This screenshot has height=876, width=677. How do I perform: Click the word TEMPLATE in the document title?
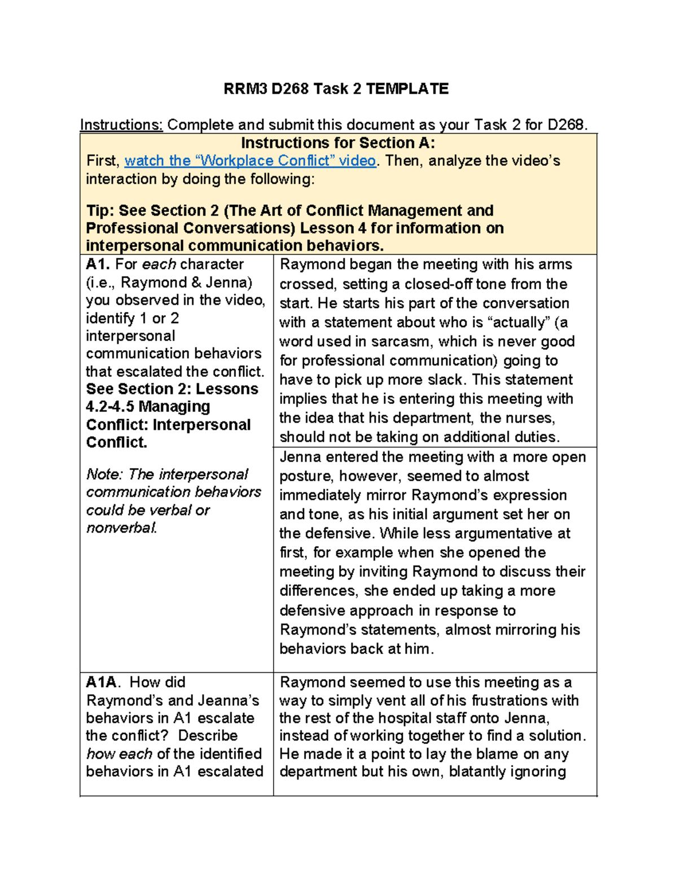coord(407,89)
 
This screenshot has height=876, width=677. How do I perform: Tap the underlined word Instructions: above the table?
coord(121,125)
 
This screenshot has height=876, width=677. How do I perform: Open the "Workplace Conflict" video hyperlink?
coord(250,161)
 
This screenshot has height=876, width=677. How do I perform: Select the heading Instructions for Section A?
coord(338,143)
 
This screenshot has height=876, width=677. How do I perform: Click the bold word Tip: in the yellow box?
coord(100,210)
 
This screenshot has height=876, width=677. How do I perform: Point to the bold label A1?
coord(98,264)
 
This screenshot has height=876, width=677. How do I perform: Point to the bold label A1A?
coord(102,682)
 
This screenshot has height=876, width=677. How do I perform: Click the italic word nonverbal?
coord(121,528)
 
